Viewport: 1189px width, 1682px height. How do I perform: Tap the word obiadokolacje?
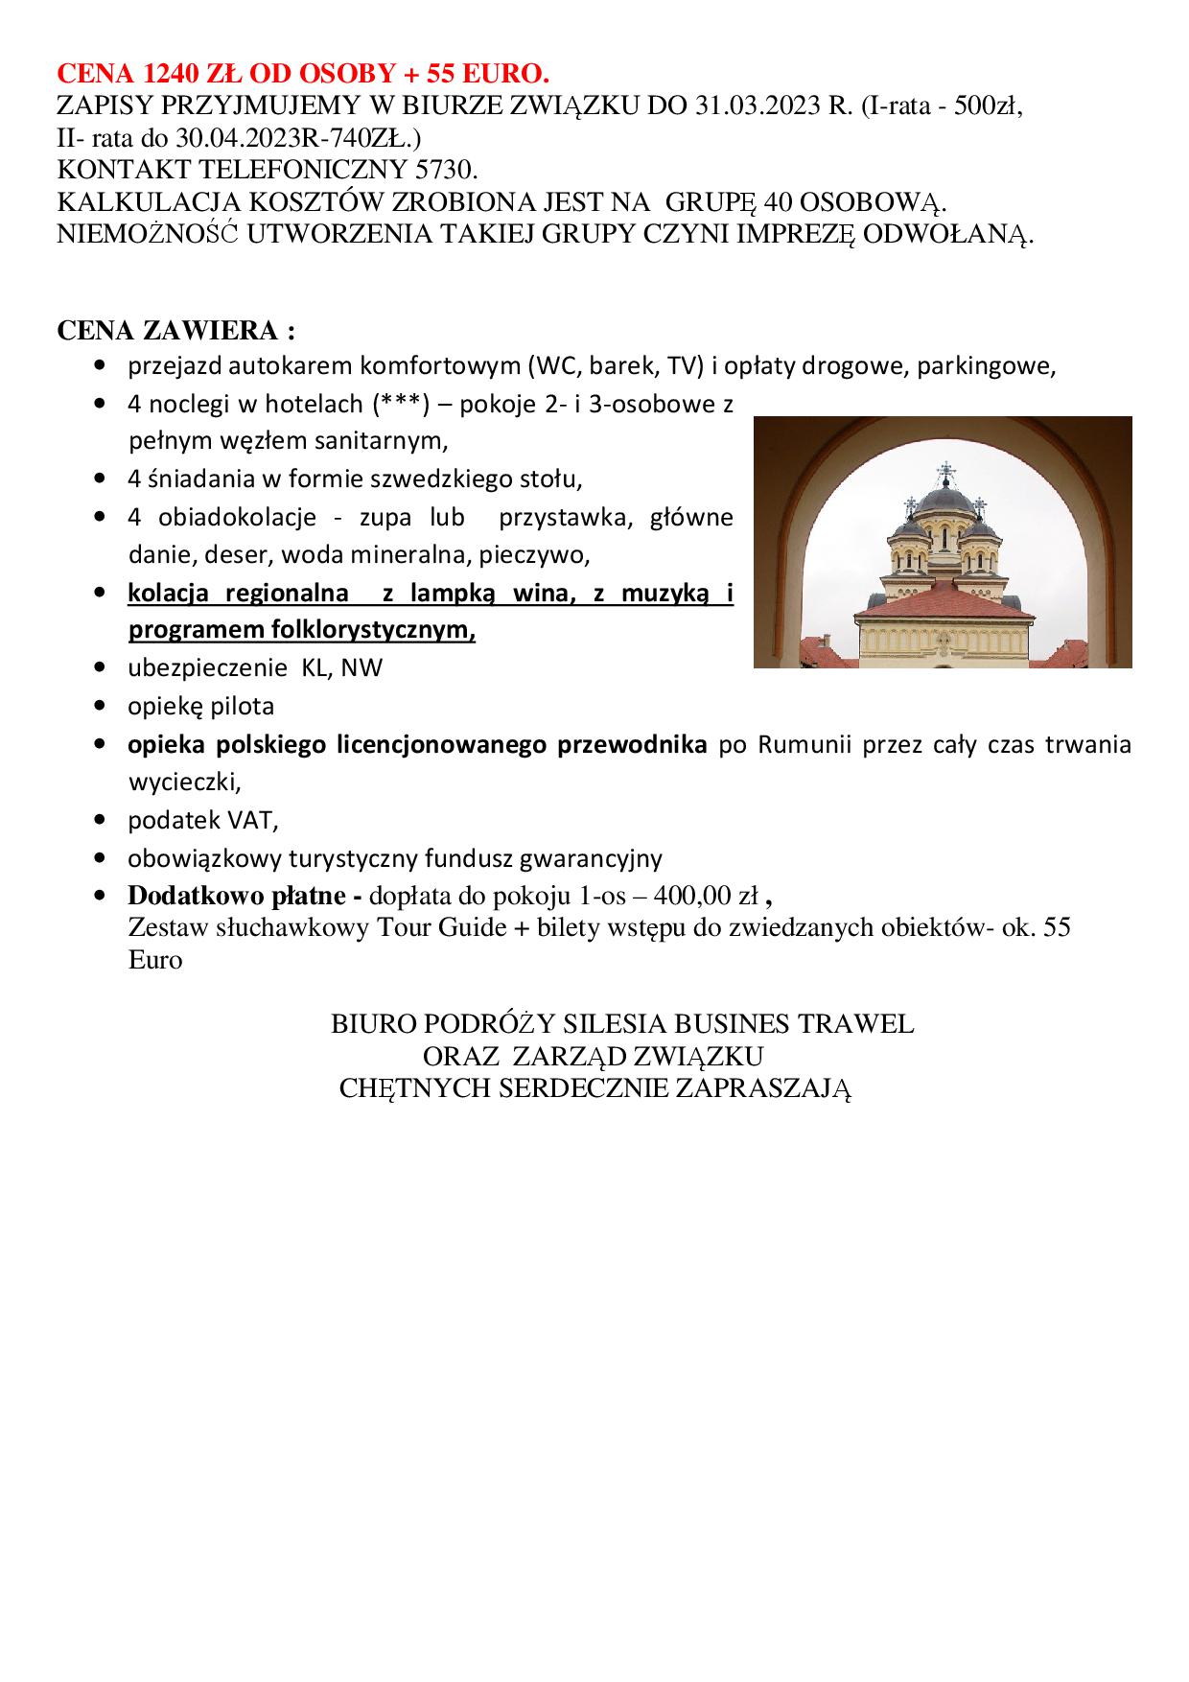tap(222, 518)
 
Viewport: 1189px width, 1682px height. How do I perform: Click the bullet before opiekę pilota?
tap(100, 707)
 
